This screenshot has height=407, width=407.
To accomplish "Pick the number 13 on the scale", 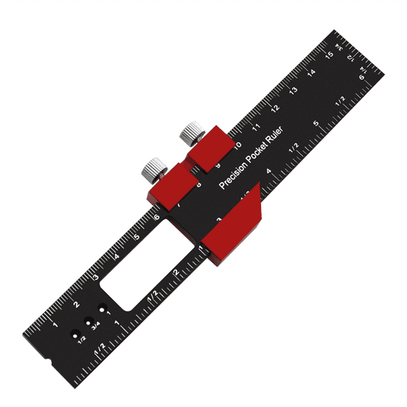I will (293, 91).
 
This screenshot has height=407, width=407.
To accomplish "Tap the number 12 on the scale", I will (275, 109).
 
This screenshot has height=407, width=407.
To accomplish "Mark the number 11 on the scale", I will (257, 127).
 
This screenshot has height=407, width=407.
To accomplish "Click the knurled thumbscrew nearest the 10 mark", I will (191, 132).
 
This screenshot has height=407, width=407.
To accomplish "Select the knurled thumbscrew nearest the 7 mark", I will (153, 169).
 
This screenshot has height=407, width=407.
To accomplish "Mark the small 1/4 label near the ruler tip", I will (364, 71).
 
